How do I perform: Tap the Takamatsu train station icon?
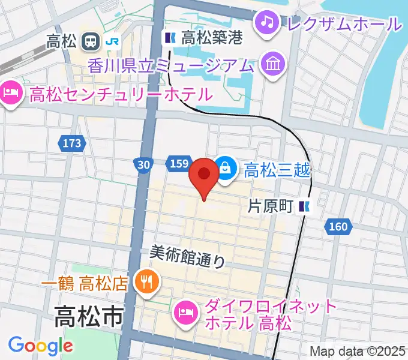coord(92,41)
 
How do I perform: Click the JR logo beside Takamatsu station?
coord(112,41)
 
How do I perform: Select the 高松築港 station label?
coord(211,38)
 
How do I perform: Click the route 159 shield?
coord(179,163)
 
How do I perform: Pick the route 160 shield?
coord(338,226)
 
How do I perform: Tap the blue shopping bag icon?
coord(226,168)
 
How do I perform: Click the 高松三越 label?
coord(276,170)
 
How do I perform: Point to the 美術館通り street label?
coord(187,257)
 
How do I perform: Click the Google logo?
coord(40,346)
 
